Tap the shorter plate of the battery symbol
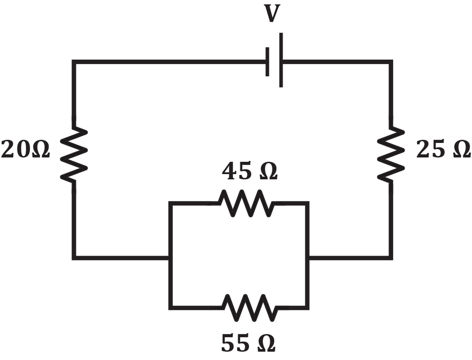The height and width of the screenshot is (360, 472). pos(267,61)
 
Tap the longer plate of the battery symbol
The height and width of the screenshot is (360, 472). pos(281,60)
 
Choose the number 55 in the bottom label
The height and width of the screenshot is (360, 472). pos(236,344)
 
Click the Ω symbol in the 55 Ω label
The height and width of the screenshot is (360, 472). pos(266,344)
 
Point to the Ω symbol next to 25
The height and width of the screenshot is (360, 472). pos(461,150)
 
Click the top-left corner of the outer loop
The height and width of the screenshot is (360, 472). pos(73,61)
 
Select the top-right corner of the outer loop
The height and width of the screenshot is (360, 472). pos(391,61)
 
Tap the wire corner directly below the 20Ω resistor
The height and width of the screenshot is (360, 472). pos(73,258)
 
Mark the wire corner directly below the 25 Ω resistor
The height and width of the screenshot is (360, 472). pos(391,258)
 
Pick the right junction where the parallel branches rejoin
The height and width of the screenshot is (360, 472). pos(308,258)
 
